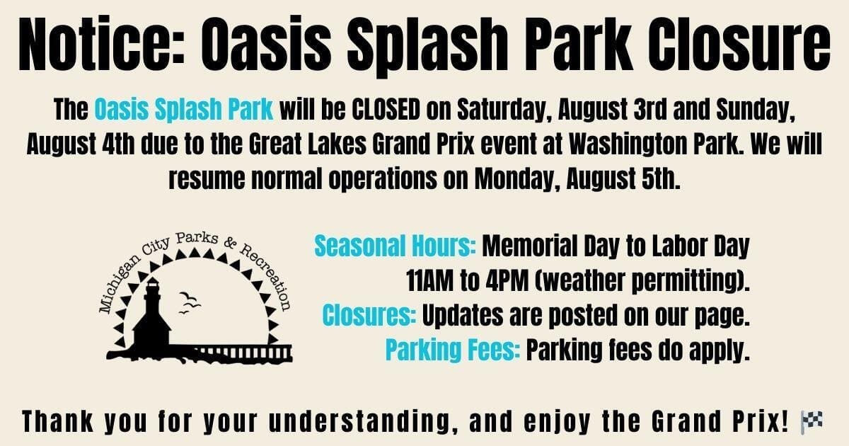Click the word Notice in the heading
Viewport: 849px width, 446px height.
[x=101, y=44]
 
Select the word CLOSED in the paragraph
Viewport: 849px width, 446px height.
[x=386, y=109]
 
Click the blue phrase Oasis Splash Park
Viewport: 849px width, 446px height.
[x=183, y=110]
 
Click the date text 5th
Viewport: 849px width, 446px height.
[x=659, y=178]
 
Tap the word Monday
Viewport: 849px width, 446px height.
[x=517, y=179]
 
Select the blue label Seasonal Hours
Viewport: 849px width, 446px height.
[x=395, y=246]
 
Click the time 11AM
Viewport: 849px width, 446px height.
[x=429, y=280]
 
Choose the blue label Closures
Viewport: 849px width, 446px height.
[x=369, y=315]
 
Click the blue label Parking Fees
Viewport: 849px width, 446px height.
[x=453, y=350]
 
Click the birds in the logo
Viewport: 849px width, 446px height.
[x=190, y=303]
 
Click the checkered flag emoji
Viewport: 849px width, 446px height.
[x=812, y=422]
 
